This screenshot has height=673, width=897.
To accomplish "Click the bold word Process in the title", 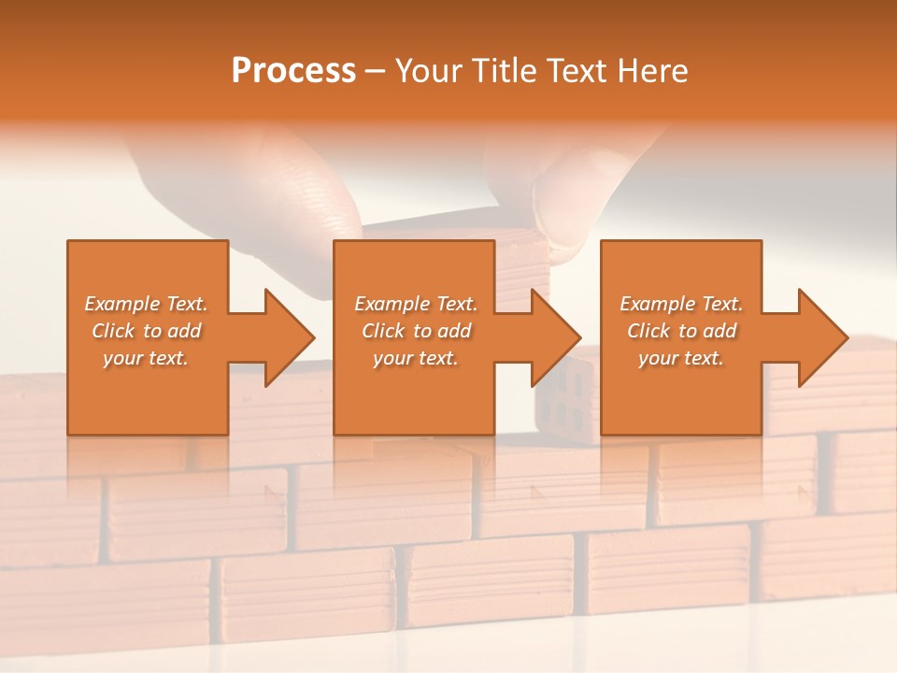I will [293, 71].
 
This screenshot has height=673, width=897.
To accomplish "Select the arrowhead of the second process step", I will [555, 337].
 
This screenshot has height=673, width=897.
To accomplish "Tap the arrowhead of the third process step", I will [822, 337].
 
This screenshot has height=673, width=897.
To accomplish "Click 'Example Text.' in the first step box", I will [146, 304].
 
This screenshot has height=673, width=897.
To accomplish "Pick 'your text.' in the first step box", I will [146, 358].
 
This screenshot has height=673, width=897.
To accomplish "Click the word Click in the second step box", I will [382, 331].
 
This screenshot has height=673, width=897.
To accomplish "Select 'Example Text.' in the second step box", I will [416, 304].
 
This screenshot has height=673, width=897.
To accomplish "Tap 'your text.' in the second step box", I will [416, 358].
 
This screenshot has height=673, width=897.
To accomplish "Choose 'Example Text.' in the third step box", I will [681, 304].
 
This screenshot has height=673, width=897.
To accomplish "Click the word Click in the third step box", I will [648, 331].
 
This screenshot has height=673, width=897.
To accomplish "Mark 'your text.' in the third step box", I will [681, 358].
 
